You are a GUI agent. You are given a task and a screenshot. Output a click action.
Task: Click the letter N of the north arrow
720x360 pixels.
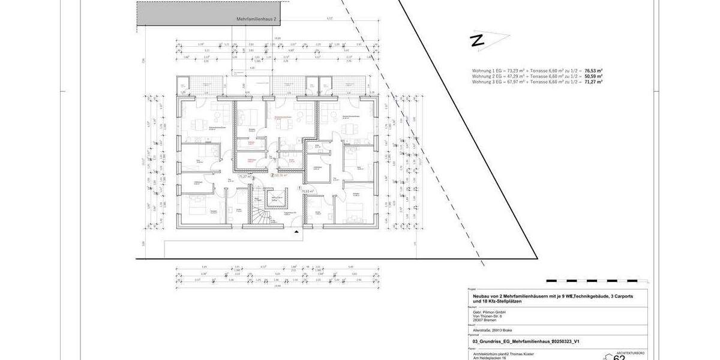coord(476,41)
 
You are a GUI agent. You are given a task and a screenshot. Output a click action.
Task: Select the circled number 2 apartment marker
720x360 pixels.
coord(272,176)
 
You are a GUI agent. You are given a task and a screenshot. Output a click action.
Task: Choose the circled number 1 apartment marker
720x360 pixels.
coord(300,188)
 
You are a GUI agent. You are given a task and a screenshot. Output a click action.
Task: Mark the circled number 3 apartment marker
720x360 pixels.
coord(254,178)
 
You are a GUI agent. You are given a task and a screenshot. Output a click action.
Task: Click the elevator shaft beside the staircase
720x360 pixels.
coord(277,200)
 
